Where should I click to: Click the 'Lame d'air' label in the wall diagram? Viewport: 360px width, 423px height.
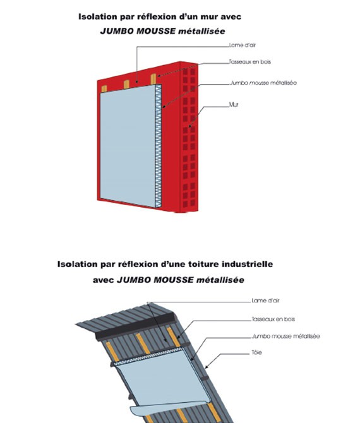pos(242,45)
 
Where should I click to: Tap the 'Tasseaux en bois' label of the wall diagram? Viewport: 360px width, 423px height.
pos(249,62)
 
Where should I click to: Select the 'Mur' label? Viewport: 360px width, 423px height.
pos(234,104)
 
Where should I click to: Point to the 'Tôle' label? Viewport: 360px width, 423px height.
pos(256,352)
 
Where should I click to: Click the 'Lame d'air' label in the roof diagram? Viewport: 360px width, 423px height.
pos(265,301)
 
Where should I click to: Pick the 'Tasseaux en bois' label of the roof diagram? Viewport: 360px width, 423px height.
pos(273,319)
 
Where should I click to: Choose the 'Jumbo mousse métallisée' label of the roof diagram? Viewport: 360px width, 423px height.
pos(285,336)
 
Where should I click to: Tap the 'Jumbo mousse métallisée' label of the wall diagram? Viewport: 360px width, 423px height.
pos(263,83)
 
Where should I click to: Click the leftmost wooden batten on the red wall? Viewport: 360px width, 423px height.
pos(104,88)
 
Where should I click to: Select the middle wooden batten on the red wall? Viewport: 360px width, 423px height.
pos(126,85)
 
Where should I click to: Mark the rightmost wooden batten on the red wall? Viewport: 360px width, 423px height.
pos(153,79)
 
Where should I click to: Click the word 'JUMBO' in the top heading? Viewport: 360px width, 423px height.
pos(117,32)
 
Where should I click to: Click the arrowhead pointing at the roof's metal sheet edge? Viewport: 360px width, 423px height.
pos(207,366)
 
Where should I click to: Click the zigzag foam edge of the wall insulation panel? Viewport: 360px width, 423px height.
pos(159,146)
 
